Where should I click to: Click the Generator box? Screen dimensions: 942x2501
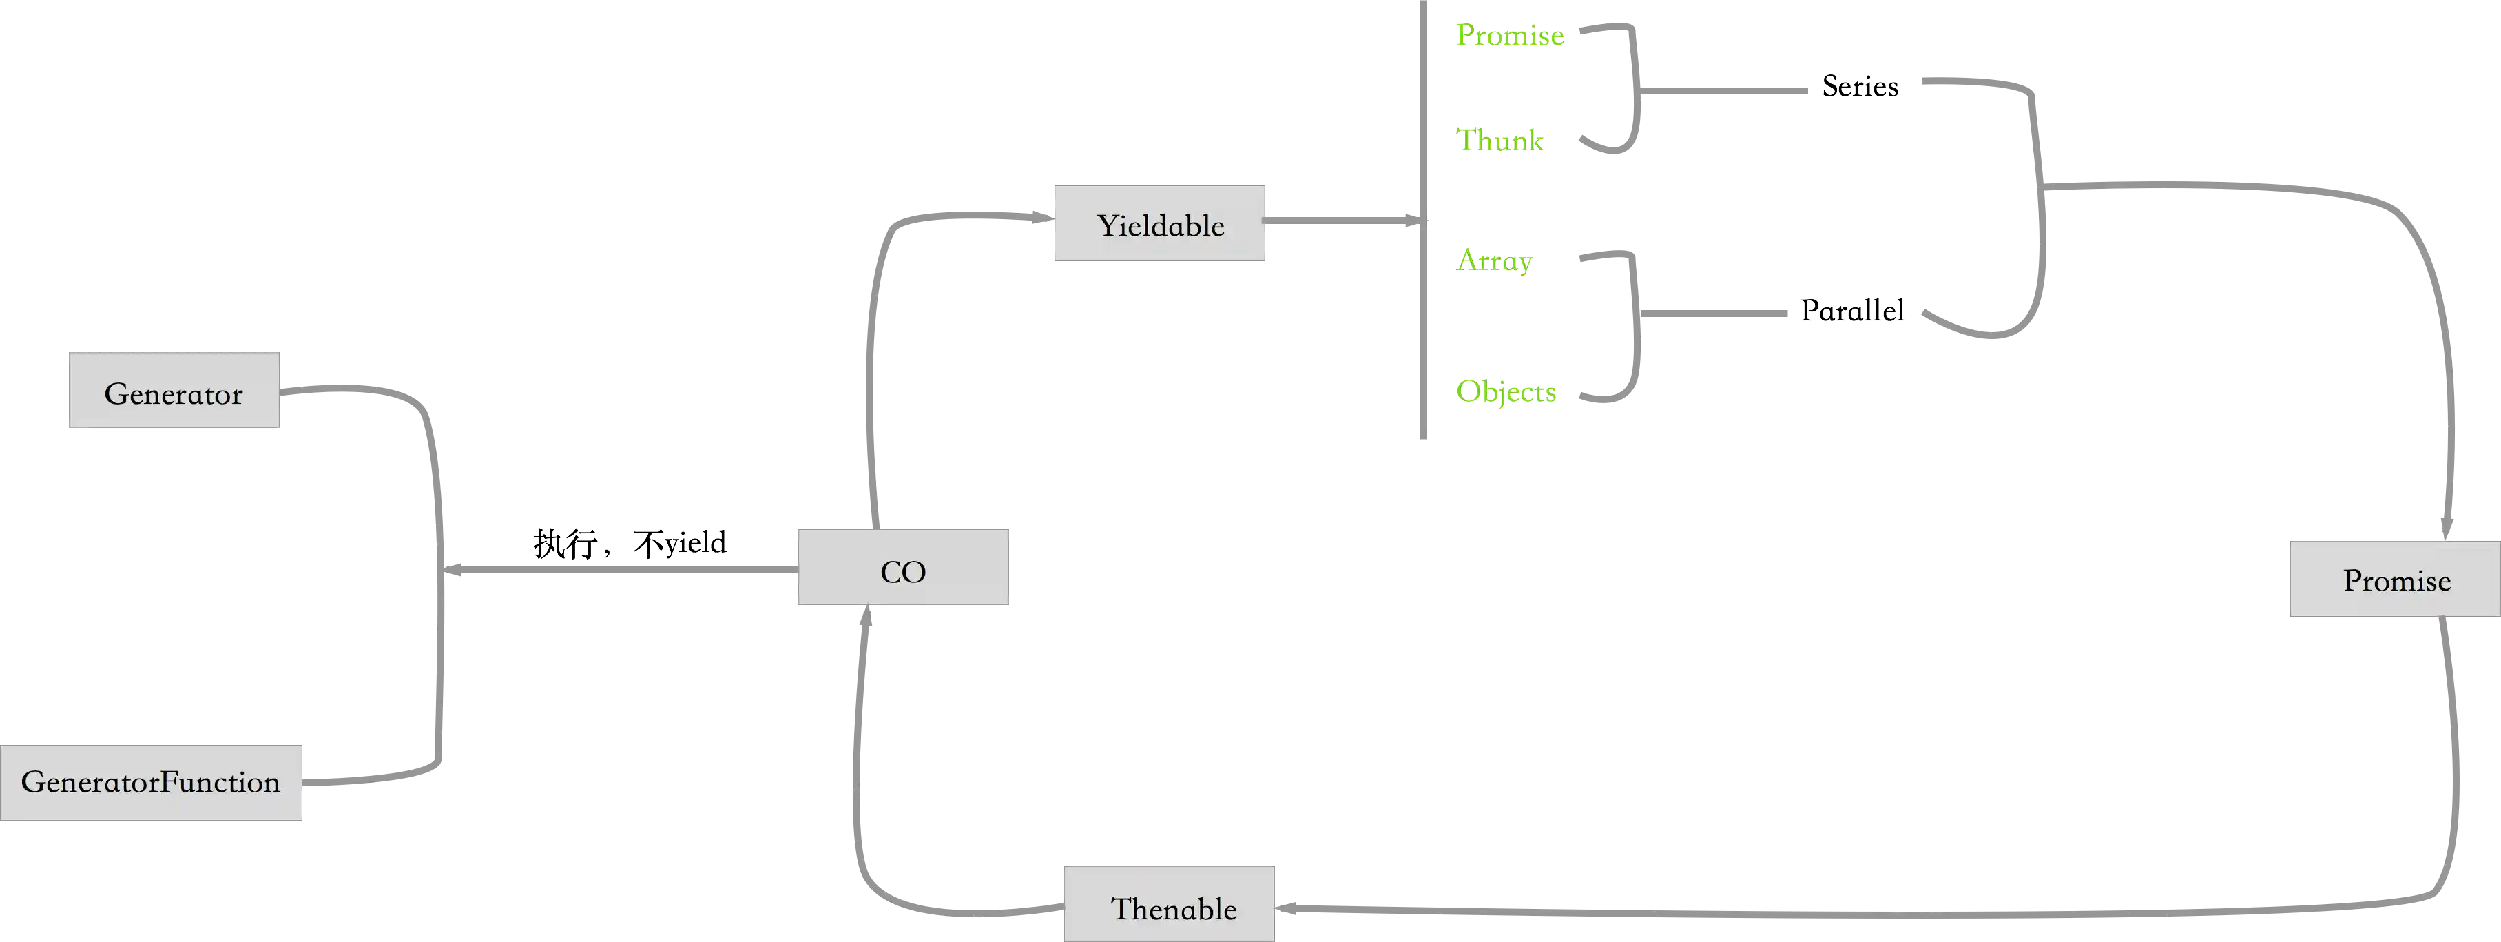[173, 389]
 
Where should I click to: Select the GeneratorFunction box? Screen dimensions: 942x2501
[150, 783]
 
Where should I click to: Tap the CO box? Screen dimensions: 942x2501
[903, 568]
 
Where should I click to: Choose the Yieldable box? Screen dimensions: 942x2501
[1159, 223]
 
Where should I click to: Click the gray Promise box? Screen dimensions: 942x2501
[2394, 579]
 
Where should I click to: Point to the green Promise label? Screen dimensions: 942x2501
[1508, 36]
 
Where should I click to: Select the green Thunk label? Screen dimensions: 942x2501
[1501, 141]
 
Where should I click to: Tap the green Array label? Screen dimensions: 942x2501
[1494, 260]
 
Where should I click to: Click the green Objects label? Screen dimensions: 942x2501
[1506, 391]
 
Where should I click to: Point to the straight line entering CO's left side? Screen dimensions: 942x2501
[621, 568]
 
